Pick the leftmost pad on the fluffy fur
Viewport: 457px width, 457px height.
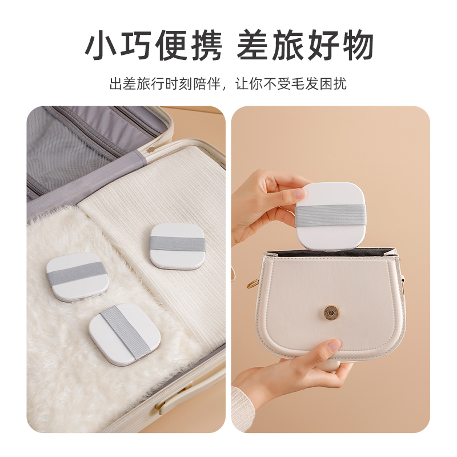click(x=74, y=276)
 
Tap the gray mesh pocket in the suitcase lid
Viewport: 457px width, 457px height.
click(x=69, y=143)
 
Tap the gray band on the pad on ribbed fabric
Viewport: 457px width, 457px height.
click(x=177, y=244)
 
